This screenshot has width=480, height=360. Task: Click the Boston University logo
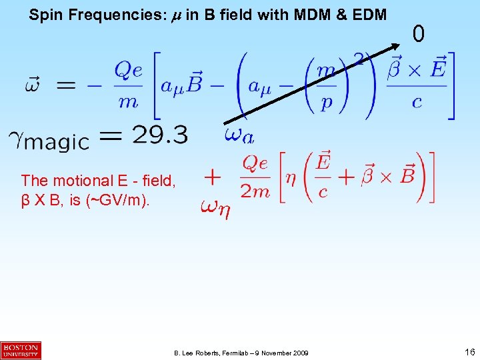21,350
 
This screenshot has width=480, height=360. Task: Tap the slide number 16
469,351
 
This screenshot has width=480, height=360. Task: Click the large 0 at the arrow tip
418,33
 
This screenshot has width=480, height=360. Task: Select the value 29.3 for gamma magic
160,135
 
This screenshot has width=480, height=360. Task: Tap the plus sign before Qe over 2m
212,177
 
